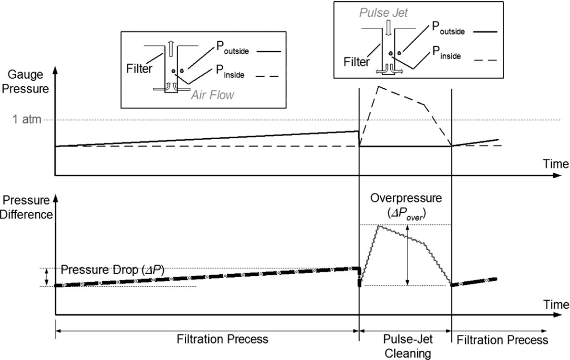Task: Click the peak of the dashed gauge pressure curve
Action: [x=377, y=87]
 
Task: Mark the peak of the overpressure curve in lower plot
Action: [x=377, y=226]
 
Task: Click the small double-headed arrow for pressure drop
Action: [x=47, y=277]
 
